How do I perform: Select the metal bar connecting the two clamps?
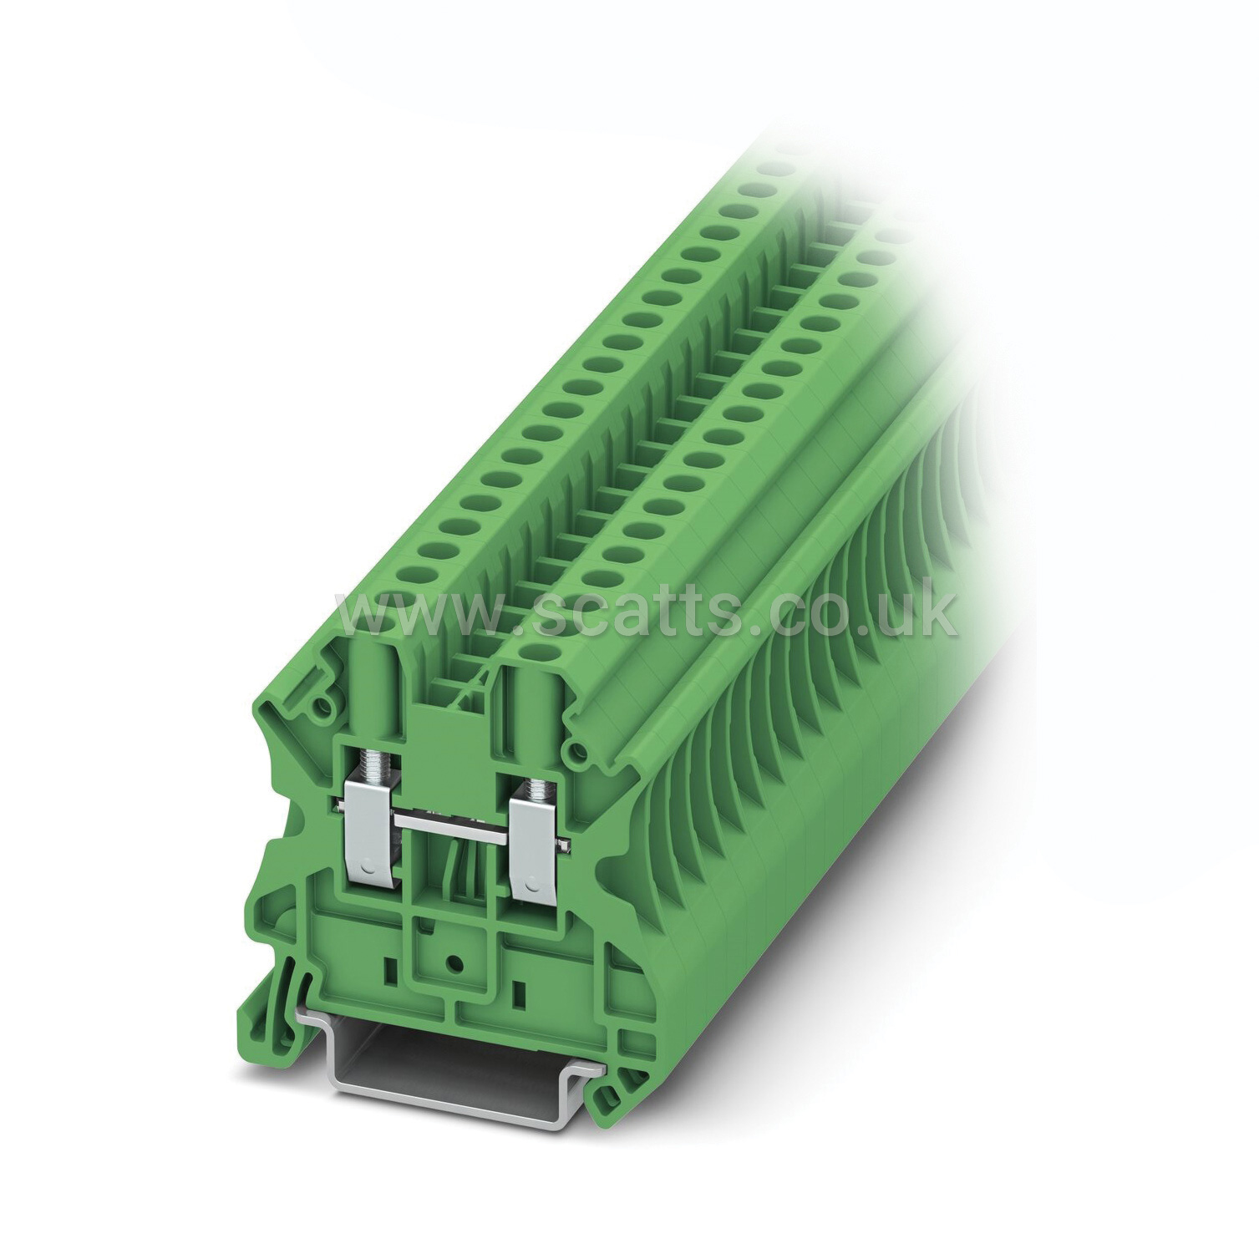[454, 830]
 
